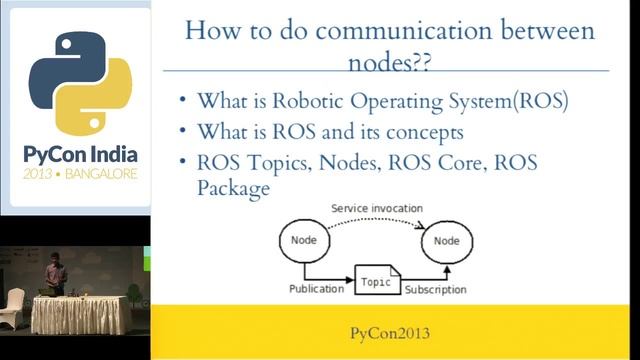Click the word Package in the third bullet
[234, 187]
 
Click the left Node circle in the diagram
[303, 241]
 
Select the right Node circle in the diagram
[446, 241]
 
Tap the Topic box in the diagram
[375, 283]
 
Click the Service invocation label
[376, 209]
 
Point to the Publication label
[315, 289]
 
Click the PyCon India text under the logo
[80, 156]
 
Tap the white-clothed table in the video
[80, 315]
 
